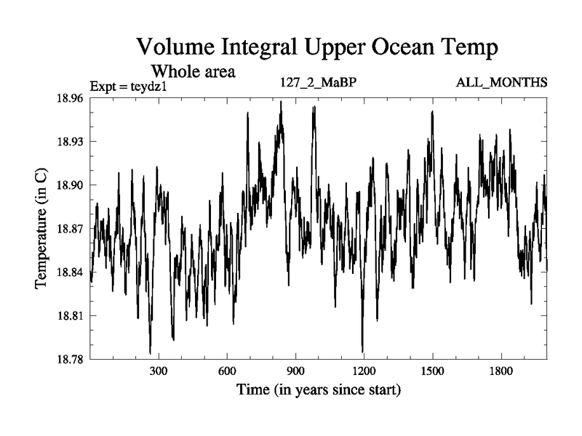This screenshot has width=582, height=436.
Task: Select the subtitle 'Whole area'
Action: pos(193,72)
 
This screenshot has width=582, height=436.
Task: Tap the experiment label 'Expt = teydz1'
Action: pos(129,86)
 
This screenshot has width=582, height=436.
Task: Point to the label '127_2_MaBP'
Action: pos(318,83)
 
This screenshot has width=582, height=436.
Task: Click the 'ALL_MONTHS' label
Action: pos(501,83)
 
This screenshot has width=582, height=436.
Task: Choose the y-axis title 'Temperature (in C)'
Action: pos(42,228)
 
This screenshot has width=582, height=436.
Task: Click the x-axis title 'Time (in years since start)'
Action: pos(319,390)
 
